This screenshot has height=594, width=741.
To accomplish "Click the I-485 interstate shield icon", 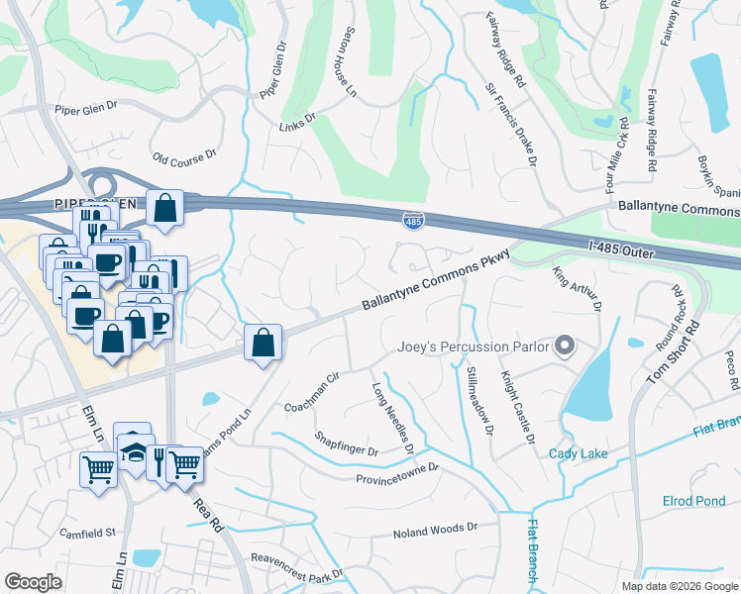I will coord(413,221).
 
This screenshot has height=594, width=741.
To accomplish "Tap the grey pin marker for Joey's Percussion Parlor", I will coord(565,346).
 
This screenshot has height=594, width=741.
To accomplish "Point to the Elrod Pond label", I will coord(693,501).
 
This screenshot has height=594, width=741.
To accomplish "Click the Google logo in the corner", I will coord(33,582).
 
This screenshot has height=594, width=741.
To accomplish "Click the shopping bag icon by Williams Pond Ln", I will coord(264,344).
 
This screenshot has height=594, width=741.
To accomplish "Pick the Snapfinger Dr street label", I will coord(347,444).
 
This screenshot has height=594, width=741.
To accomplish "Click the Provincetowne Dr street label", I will coord(396,479).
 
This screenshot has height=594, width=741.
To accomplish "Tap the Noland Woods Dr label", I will coord(436,531).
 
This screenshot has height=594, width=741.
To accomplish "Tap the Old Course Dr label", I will coord(184,157).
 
